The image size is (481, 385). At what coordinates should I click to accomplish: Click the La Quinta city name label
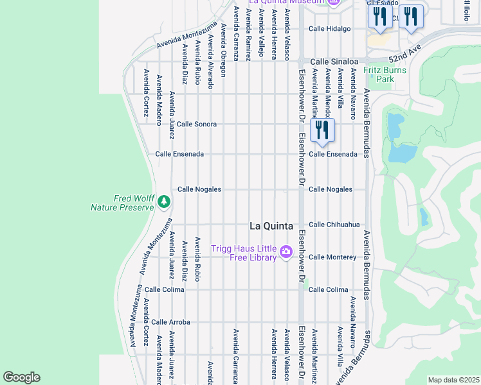click(271, 226)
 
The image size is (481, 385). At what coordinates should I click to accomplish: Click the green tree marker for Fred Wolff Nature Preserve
click(164, 202)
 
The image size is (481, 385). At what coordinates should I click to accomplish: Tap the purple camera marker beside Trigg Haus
click(287, 253)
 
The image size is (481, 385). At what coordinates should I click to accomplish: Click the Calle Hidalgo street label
click(329, 29)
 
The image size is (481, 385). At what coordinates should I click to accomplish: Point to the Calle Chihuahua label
click(334, 225)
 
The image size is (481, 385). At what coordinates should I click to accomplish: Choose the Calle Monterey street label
click(332, 257)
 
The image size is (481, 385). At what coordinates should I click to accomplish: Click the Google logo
click(21, 377)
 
